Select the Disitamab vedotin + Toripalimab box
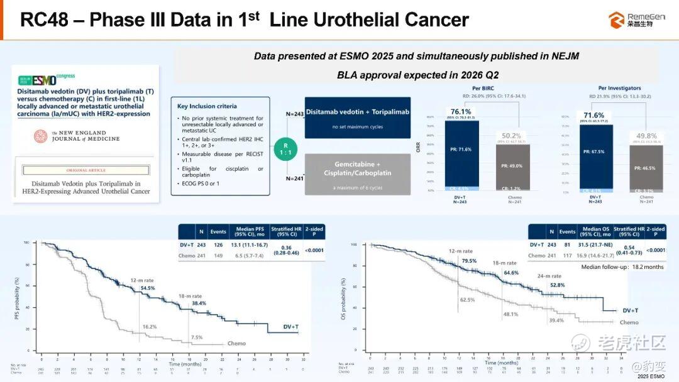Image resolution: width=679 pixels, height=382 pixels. click(x=357, y=117)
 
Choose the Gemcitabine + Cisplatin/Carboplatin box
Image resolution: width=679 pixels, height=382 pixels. click(x=357, y=173)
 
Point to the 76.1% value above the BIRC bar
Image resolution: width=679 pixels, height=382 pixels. click(x=461, y=111)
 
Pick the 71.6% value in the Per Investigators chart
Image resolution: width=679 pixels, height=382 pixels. click(x=593, y=116)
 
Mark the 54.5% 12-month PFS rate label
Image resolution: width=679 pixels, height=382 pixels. click(x=147, y=288)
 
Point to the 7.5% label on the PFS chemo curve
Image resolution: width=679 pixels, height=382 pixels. click(x=196, y=337)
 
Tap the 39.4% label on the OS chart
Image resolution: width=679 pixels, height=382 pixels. click(x=556, y=320)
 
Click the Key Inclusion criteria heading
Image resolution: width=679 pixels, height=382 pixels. click(x=207, y=106)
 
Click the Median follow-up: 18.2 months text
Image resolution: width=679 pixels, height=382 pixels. click(x=622, y=267)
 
